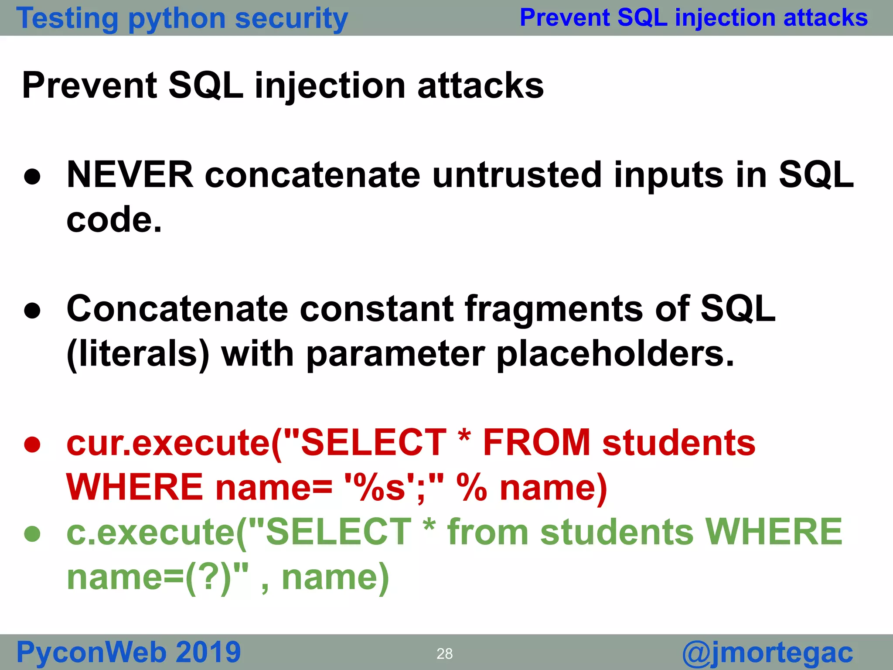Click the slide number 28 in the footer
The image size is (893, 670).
(x=444, y=653)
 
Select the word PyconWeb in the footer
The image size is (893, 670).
(x=91, y=653)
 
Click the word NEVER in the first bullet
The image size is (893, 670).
(x=130, y=175)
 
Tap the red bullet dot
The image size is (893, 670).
(x=33, y=444)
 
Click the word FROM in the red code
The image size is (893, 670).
(x=536, y=443)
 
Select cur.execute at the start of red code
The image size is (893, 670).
(x=168, y=443)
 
